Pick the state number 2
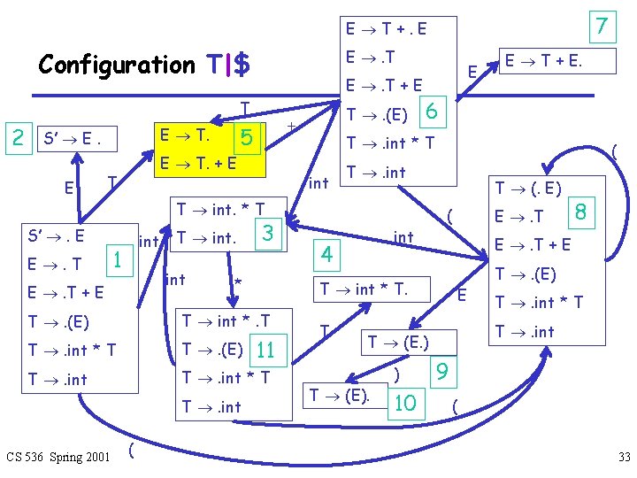point(16,137)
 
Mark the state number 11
point(265,350)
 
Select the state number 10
point(405,403)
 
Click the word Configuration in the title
point(116,66)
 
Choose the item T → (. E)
point(527,188)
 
